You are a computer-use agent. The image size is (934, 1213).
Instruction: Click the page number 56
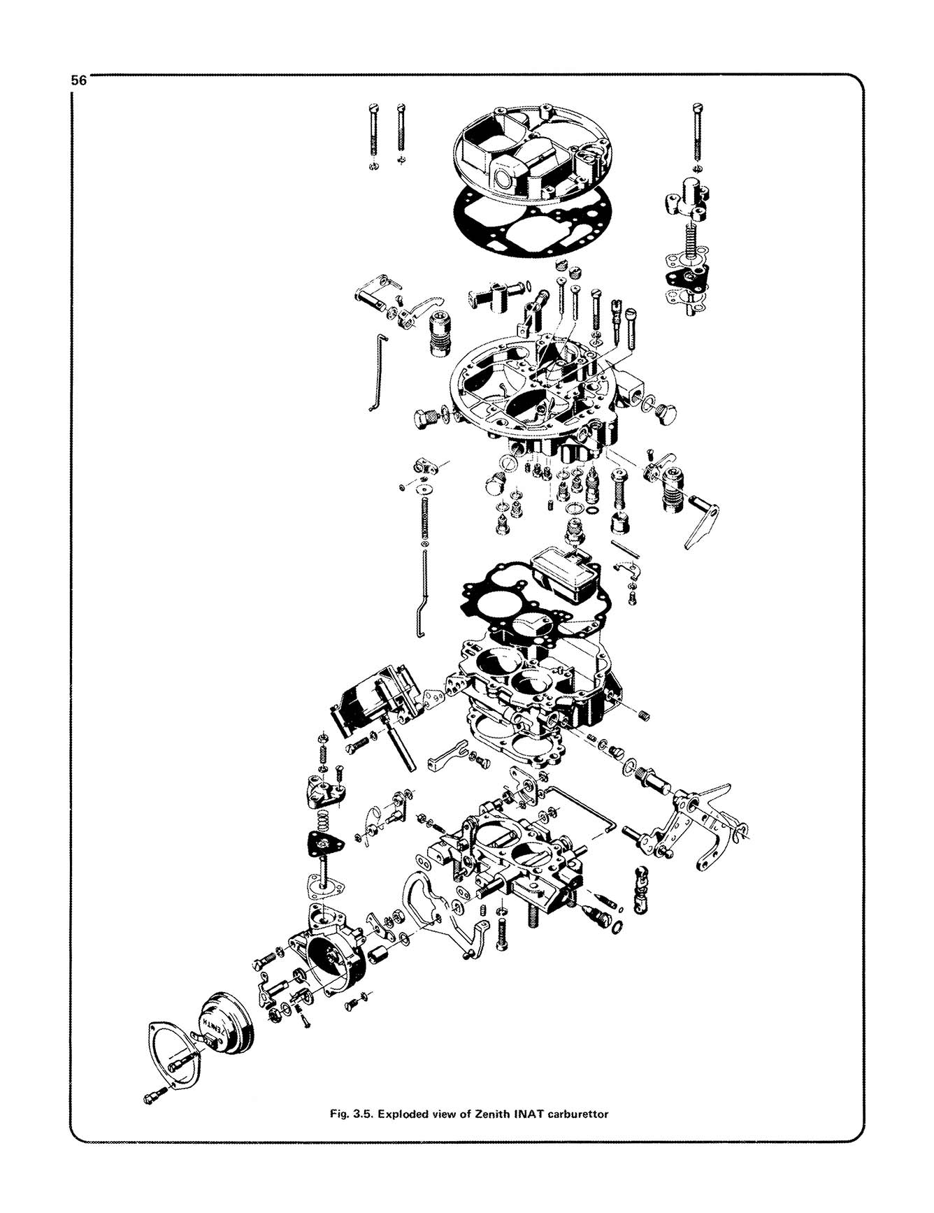coord(78,80)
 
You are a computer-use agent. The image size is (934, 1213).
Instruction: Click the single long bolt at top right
coord(697,133)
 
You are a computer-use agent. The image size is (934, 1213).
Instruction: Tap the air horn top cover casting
coord(531,150)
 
